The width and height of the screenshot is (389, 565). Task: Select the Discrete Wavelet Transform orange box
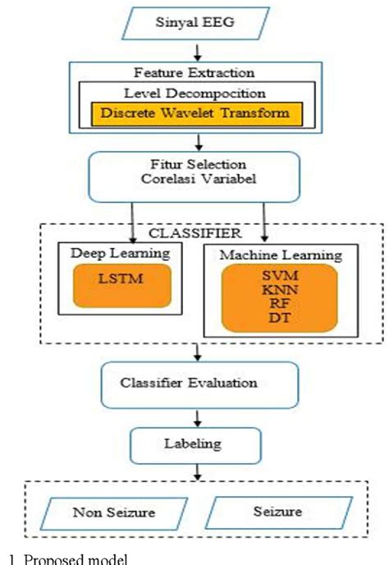[x=195, y=113]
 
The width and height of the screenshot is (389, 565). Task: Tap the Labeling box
[x=195, y=444]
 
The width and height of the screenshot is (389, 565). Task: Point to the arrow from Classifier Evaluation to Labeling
[x=197, y=416]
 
